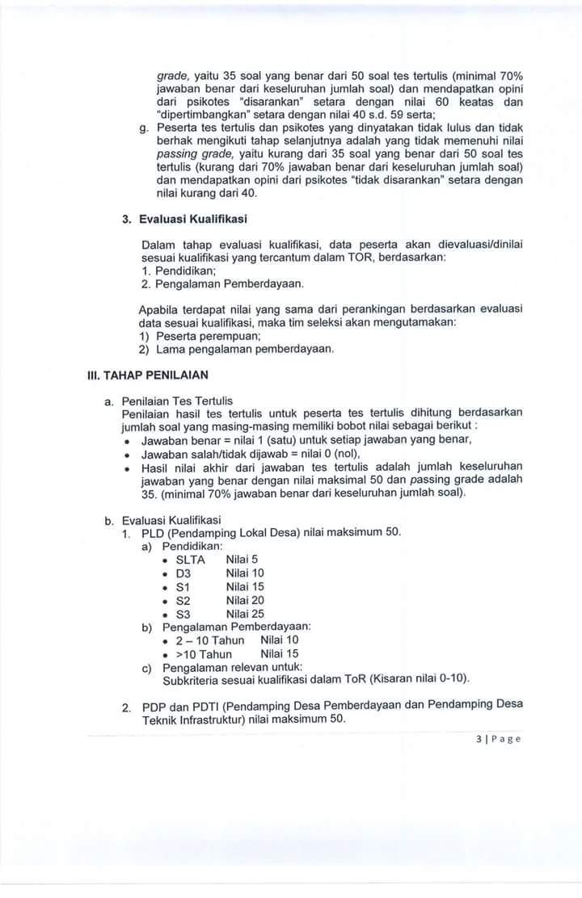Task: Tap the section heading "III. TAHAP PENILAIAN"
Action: pyautogui.click(x=148, y=375)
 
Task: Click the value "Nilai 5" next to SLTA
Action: pyautogui.click(x=242, y=559)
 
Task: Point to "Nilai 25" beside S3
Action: pyautogui.click(x=245, y=613)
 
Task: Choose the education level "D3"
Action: pyautogui.click(x=183, y=573)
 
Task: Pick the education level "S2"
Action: pyautogui.click(x=183, y=600)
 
